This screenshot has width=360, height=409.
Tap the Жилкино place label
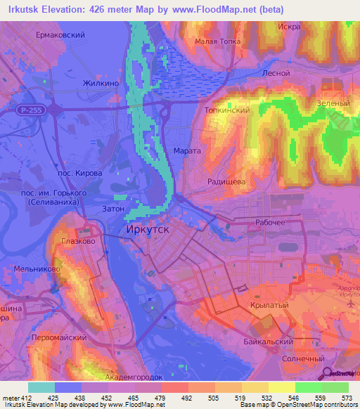coord(101,83)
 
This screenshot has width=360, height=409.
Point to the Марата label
coord(188,150)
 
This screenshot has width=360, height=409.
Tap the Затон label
coord(114,209)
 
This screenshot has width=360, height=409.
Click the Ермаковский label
coord(61,34)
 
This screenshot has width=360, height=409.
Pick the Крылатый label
coord(266,306)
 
